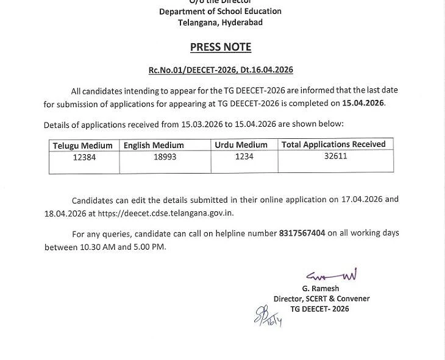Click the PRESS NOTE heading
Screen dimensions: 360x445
pos(220,47)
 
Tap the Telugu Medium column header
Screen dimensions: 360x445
pos(83,146)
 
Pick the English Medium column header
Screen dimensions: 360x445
pos(154,146)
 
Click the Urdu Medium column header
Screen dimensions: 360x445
pos(241,145)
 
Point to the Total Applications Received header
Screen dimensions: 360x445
pos(333,144)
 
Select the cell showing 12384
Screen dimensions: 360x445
pos(84,157)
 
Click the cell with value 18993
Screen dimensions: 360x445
pos(165,157)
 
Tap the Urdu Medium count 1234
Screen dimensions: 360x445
pos(244,157)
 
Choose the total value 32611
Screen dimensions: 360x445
pos(336,156)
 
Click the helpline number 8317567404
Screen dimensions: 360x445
pos(302,233)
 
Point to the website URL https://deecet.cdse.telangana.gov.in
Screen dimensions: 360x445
pos(166,213)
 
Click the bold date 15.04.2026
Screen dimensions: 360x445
pos(363,103)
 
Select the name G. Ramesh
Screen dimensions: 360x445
pos(320,288)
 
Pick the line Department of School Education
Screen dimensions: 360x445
pos(220,12)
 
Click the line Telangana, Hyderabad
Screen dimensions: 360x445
pos(220,23)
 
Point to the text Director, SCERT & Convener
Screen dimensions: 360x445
pos(321,298)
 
